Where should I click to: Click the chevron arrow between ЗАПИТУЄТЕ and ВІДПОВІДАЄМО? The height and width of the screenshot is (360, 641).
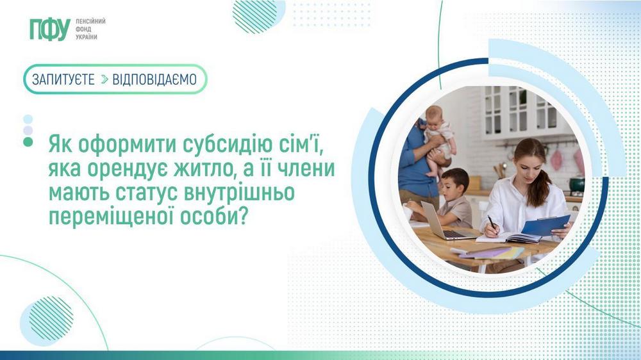tap(104, 79)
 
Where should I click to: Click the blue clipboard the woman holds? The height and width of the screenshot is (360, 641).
tap(545, 225)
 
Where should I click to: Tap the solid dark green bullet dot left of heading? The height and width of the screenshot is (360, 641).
tap(28, 142)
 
